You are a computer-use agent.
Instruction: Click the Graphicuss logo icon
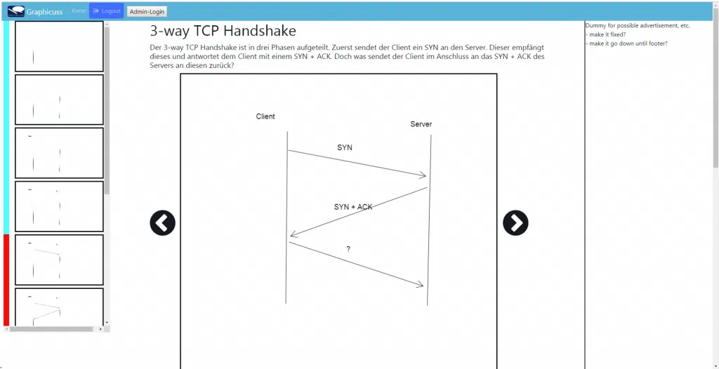tap(15, 11)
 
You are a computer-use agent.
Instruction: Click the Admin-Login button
tap(147, 11)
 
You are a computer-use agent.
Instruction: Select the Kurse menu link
tap(79, 11)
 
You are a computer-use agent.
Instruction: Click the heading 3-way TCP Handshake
tap(223, 31)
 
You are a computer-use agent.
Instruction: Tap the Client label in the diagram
tap(265, 116)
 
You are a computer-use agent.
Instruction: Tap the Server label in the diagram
tap(421, 124)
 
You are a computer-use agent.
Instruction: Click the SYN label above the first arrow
tap(345, 147)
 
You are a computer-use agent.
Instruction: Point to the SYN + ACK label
tap(353, 207)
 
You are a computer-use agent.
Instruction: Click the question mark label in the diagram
tap(348, 249)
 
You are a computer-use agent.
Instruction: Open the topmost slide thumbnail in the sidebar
tap(59, 46)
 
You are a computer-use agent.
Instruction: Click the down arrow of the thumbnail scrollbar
tap(107, 323)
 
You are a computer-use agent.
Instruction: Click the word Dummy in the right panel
tap(595, 26)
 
